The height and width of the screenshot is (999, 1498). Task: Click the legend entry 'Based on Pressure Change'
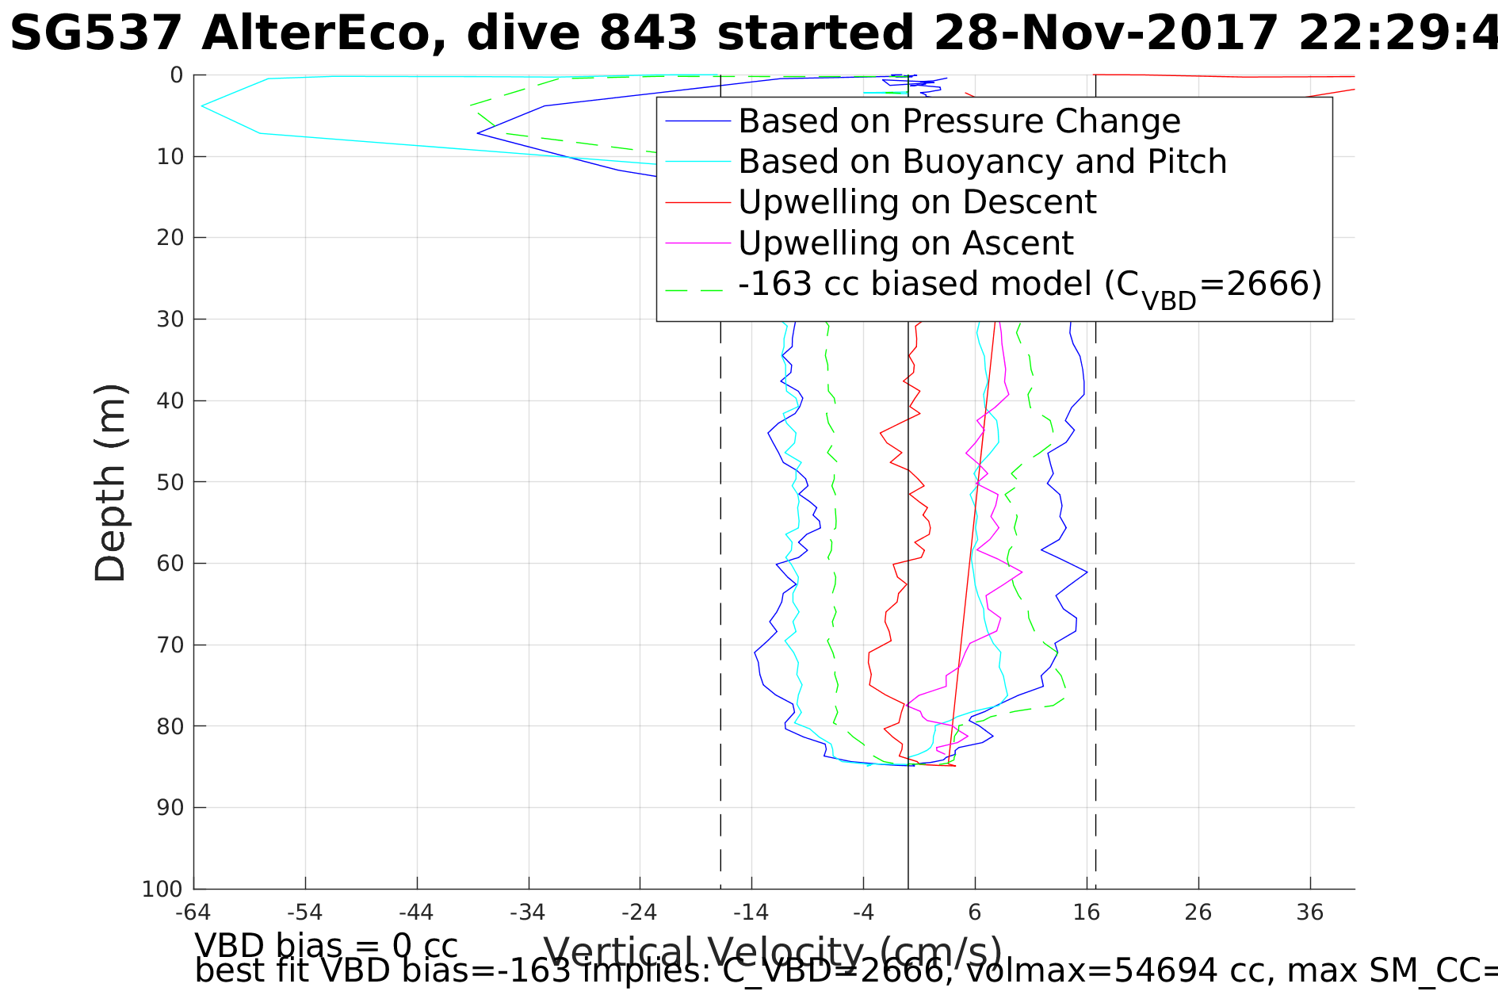pyautogui.click(x=959, y=121)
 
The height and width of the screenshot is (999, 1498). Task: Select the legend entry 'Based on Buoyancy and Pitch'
pyautogui.click(x=982, y=162)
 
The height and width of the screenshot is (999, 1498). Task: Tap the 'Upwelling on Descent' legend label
pyautogui.click(x=917, y=202)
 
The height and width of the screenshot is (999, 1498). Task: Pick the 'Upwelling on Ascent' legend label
pyautogui.click(x=905, y=243)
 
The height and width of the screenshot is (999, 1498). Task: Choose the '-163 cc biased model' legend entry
pyautogui.click(x=1030, y=285)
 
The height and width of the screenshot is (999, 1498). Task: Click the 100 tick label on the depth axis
pyautogui.click(x=162, y=889)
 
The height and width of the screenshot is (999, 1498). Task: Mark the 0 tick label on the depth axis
pyautogui.click(x=177, y=75)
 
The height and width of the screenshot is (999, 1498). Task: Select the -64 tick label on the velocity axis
pyautogui.click(x=193, y=913)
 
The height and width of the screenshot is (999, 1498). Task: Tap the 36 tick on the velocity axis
pyautogui.click(x=1310, y=913)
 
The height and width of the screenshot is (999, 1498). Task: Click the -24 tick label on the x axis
pyautogui.click(x=640, y=913)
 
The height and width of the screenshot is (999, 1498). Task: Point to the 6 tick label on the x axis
pyautogui.click(x=975, y=913)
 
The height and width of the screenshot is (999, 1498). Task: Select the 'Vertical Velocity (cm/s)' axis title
pyautogui.click(x=773, y=953)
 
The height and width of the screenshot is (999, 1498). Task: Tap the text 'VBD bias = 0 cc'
pyautogui.click(x=326, y=947)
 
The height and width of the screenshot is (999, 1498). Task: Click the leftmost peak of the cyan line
pyautogui.click(x=202, y=105)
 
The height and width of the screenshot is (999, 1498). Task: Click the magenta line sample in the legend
pyautogui.click(x=697, y=243)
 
